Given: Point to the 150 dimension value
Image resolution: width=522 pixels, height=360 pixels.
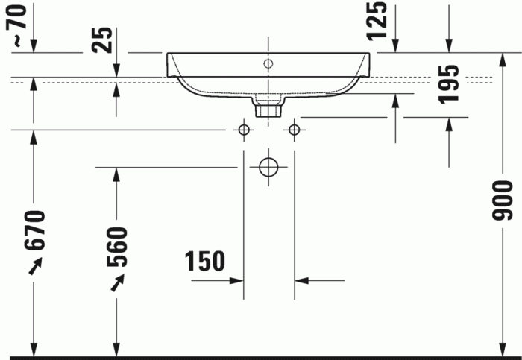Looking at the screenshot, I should pyautogui.click(x=205, y=262).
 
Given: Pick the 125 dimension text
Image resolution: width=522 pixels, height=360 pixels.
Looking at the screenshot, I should pyautogui.click(x=378, y=20).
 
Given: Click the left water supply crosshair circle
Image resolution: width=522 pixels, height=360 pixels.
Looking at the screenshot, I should pyautogui.click(x=243, y=130).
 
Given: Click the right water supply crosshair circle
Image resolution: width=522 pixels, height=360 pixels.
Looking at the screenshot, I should pyautogui.click(x=294, y=130).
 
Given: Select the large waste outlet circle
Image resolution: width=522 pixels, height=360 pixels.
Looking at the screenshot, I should pyautogui.click(x=268, y=167).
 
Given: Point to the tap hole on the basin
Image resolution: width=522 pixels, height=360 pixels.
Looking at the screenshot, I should pyautogui.click(x=268, y=63).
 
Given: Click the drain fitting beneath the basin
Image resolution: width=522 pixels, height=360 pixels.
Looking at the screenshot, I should pyautogui.click(x=268, y=109).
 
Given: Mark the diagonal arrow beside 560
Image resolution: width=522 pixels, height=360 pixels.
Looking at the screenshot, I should pyautogui.click(x=117, y=282).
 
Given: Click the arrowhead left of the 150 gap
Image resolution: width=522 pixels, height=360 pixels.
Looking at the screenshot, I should pyautogui.click(x=237, y=281).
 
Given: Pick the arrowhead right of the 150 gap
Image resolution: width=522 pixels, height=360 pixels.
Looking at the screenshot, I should pyautogui.click(x=301, y=281).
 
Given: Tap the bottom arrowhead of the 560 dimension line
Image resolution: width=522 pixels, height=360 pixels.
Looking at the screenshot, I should pyautogui.click(x=116, y=350).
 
